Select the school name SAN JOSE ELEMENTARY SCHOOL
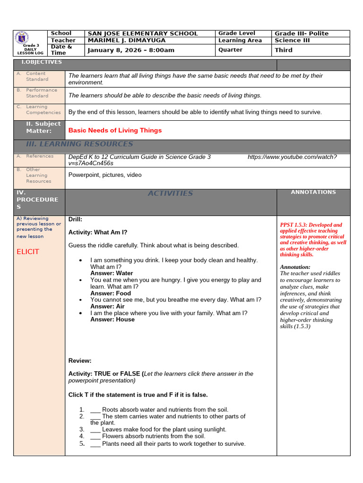click(x=143, y=33)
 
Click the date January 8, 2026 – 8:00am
click(x=131, y=50)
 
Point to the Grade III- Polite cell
click(x=302, y=33)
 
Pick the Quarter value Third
click(x=284, y=50)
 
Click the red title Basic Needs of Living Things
click(x=115, y=130)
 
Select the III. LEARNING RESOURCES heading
click(x=79, y=144)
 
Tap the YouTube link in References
click(x=292, y=157)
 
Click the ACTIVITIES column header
click(x=170, y=193)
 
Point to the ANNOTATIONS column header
click(x=313, y=192)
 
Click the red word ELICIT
click(x=28, y=252)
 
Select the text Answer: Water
click(x=112, y=273)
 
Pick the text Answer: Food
click(x=111, y=293)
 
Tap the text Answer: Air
click(x=107, y=307)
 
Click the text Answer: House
click(x=112, y=319)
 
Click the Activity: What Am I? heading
click(x=98, y=232)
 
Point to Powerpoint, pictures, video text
click(x=105, y=175)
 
